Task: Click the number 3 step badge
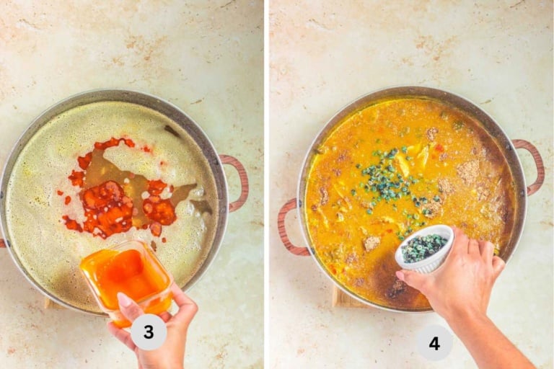tap(149, 332)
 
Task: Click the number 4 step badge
tap(434, 343)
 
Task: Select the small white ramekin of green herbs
tap(424, 248)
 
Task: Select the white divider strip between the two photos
tap(266, 184)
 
